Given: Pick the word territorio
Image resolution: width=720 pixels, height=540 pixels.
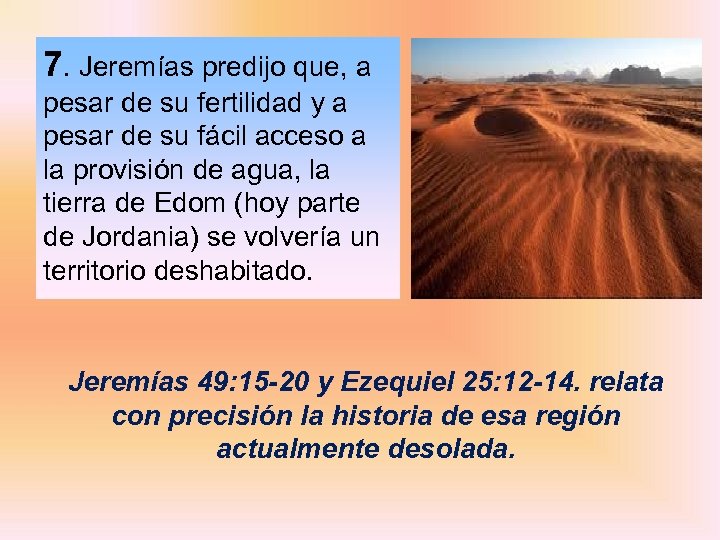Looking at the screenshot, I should coord(95,270).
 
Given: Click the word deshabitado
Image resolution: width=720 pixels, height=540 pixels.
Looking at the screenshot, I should coord(234,270).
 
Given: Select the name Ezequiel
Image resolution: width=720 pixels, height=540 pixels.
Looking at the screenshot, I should coord(393,383).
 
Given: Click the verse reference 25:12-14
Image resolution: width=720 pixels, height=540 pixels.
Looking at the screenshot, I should coord(527,383).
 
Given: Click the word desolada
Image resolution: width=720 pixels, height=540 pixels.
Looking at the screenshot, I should coord(460,449).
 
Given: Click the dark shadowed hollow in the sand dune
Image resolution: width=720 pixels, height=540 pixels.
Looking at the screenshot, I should coord(504,122).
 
